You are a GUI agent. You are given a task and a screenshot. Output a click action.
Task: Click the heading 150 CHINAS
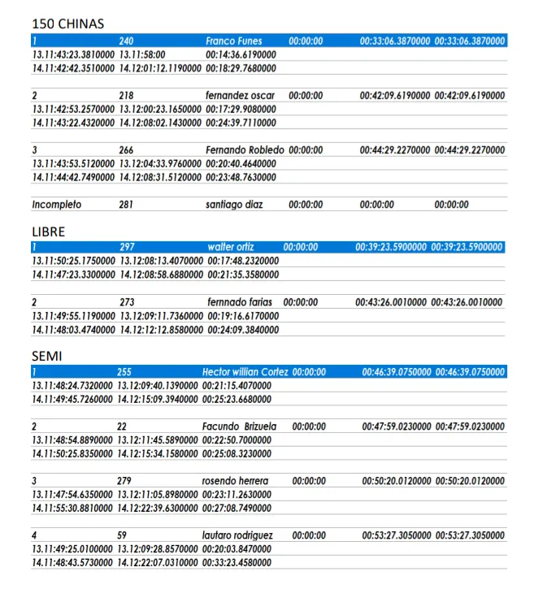[x=67, y=24]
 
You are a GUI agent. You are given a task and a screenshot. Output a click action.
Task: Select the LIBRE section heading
[x=48, y=232]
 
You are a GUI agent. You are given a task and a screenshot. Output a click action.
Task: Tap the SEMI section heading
[x=46, y=356]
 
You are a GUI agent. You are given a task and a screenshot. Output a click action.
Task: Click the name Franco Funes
[x=233, y=41]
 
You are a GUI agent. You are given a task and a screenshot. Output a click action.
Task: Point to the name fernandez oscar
[x=240, y=95]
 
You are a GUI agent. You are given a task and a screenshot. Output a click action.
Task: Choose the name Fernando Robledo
[x=245, y=150]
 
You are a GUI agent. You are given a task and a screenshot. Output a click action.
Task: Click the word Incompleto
[x=57, y=205]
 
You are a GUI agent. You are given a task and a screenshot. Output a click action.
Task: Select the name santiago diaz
[x=234, y=205]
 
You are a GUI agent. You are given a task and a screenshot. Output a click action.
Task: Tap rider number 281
[x=126, y=205]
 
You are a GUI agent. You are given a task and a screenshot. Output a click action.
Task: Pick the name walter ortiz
[x=231, y=247]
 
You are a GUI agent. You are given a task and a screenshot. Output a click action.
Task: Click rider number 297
[x=127, y=247]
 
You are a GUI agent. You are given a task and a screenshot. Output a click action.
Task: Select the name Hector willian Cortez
[x=245, y=372]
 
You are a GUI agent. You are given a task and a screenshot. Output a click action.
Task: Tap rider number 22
[x=122, y=427]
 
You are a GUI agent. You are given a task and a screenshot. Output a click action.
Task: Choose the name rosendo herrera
[x=235, y=481]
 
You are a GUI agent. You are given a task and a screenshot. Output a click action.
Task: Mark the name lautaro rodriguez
[x=237, y=536]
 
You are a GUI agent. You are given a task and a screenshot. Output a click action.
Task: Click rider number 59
[x=122, y=536]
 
